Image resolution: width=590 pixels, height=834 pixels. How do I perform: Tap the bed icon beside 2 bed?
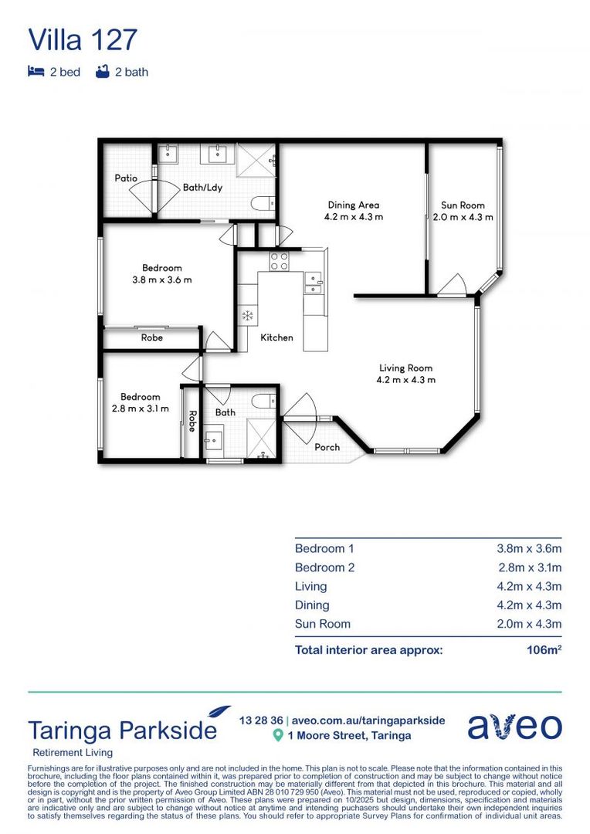pyautogui.click(x=36, y=72)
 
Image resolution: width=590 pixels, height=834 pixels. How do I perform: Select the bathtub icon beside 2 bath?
pyautogui.click(x=101, y=72)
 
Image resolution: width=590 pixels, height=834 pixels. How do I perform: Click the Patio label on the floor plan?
pyautogui.click(x=126, y=178)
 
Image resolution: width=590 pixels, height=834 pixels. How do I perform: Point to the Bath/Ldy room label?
pyautogui.click(x=203, y=187)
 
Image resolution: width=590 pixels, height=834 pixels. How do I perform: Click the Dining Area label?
pyautogui.click(x=353, y=205)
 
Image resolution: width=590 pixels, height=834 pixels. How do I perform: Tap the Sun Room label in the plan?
pyautogui.click(x=463, y=205)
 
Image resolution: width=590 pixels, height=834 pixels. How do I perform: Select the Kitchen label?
pyautogui.click(x=276, y=337)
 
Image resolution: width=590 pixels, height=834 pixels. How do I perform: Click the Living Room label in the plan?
pyautogui.click(x=405, y=368)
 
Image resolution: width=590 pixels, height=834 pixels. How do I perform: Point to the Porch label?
pyautogui.click(x=327, y=447)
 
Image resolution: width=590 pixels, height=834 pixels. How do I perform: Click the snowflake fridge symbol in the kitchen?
pyautogui.click(x=248, y=315)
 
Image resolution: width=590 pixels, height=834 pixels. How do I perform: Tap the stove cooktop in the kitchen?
pyautogui.click(x=279, y=261)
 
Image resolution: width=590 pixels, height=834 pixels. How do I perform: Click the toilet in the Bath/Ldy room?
pyautogui.click(x=262, y=204)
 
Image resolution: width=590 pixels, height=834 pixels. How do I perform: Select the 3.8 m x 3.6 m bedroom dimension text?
pyautogui.click(x=162, y=280)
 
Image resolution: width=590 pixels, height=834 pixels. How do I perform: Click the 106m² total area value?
pyautogui.click(x=544, y=650)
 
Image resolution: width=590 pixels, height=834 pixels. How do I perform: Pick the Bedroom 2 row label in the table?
pyautogui.click(x=324, y=568)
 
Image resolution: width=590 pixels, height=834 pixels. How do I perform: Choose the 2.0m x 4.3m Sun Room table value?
pyautogui.click(x=528, y=624)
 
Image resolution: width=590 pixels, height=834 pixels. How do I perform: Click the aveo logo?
pyautogui.click(x=514, y=727)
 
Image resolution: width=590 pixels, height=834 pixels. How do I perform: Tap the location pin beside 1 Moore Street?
pyautogui.click(x=278, y=736)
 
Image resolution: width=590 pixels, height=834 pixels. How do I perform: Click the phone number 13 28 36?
pyautogui.click(x=260, y=720)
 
